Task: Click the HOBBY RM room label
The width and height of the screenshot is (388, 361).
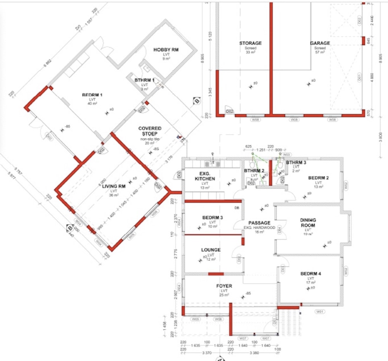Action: pos(166,50)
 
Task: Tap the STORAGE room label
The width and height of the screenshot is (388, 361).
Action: pos(250,43)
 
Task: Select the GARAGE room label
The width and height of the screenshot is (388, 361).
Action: pos(320,43)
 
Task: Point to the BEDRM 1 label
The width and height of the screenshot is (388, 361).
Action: pos(92,95)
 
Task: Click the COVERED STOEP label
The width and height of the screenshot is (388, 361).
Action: pos(150,131)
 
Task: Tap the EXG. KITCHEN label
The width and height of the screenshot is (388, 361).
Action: pos(204,176)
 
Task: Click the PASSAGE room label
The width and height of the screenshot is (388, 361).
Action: pos(259,223)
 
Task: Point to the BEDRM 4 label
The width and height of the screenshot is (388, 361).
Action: pos(311,274)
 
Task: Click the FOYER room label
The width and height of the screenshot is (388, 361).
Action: pos(224,286)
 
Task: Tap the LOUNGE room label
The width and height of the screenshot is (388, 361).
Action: pos(211,250)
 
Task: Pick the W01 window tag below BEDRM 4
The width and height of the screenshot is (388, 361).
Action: pos(320,311)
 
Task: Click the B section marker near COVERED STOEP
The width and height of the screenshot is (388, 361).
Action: pos(196,102)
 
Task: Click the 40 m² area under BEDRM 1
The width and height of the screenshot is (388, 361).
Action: pos(92,104)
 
